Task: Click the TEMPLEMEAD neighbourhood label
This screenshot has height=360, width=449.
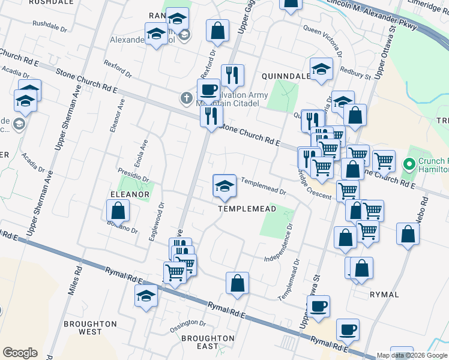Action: click(247, 209)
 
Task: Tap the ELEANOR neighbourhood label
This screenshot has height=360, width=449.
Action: click(129, 194)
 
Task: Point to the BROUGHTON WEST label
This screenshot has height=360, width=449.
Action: click(90, 328)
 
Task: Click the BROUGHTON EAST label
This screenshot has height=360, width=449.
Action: click(208, 342)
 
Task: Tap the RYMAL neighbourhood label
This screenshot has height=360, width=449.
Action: click(384, 295)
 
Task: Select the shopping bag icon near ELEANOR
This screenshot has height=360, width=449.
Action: click(118, 211)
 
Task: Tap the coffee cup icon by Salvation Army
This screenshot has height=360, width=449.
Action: click(208, 89)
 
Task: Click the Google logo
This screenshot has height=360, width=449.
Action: click(20, 353)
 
